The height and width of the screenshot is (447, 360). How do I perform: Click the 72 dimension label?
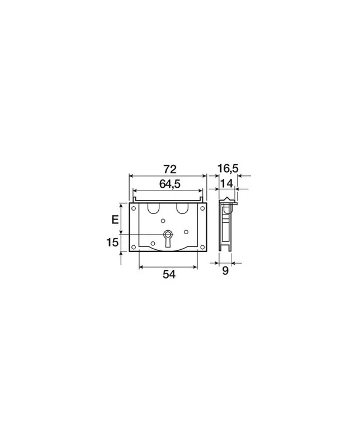(170, 169)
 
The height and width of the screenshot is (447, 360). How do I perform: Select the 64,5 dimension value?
(170, 184)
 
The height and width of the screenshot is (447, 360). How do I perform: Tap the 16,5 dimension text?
(228, 169)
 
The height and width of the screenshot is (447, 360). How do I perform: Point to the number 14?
(227, 183)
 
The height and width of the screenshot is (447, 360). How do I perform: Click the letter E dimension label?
(115, 220)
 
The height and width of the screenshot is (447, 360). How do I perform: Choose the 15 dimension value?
(112, 242)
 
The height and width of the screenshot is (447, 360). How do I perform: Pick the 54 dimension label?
(169, 274)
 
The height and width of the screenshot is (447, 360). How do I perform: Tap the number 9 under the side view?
(225, 270)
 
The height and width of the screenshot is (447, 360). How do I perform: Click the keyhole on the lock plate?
(168, 239)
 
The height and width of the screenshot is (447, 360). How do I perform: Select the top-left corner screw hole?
(134, 208)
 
